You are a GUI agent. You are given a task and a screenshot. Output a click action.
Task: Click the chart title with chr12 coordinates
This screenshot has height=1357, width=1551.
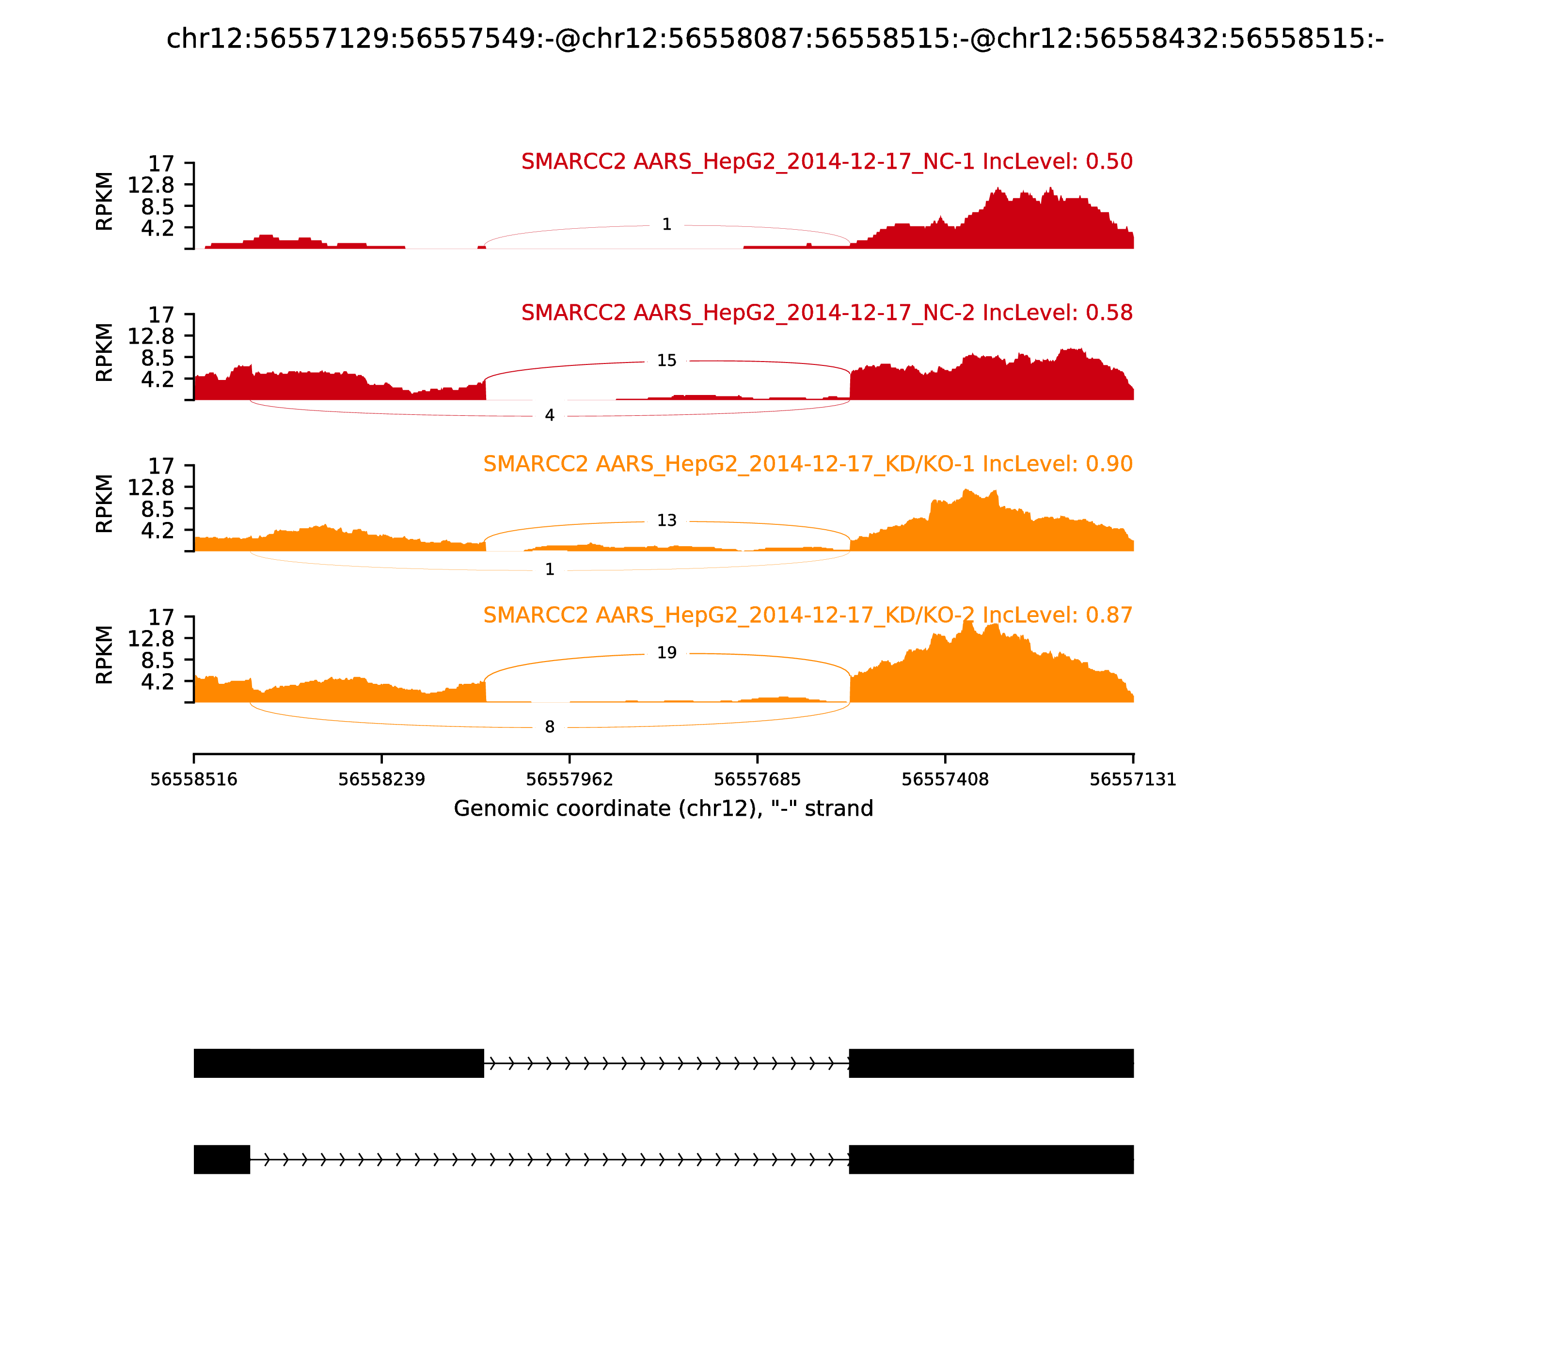[x=775, y=39]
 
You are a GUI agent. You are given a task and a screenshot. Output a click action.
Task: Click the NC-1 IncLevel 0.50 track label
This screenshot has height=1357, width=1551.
[x=826, y=161]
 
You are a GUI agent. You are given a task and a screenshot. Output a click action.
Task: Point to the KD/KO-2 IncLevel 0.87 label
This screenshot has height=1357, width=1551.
[x=807, y=615]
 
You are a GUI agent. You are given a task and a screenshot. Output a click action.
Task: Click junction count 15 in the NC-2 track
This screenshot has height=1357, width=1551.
[x=666, y=361]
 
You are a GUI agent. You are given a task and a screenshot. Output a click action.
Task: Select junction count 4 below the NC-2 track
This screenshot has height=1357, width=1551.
[x=550, y=415]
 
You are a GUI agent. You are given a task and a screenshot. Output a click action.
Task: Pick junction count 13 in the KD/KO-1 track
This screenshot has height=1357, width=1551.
[x=666, y=520]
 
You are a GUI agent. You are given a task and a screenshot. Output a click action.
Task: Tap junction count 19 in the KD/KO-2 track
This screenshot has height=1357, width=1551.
[x=666, y=653]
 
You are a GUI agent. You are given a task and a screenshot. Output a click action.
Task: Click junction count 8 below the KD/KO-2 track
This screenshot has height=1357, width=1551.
[x=550, y=727]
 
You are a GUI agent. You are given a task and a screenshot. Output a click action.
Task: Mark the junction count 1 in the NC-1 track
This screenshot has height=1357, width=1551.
[x=666, y=224]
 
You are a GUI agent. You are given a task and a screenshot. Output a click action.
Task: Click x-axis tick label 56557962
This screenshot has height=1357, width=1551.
[x=570, y=779]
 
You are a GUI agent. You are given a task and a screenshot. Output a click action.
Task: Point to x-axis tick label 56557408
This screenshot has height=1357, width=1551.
[x=945, y=779]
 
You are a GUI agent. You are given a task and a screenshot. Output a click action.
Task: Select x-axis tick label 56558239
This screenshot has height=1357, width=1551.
[x=382, y=779]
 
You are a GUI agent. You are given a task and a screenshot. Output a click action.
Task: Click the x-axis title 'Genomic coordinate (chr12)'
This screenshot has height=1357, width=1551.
[x=664, y=809]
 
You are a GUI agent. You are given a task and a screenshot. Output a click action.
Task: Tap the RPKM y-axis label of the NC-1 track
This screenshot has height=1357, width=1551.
[x=105, y=202]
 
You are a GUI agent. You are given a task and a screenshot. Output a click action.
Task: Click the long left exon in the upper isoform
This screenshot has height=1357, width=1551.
[x=338, y=1063]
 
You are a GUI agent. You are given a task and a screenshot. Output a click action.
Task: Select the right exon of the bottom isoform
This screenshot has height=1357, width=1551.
[x=991, y=1159]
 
